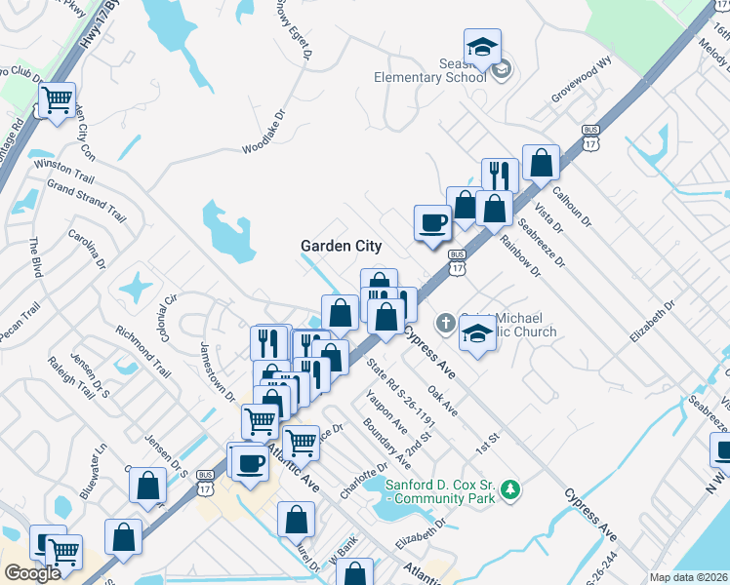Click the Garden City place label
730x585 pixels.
point(341,247)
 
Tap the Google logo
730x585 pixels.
point(32,573)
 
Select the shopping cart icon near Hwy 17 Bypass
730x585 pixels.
point(58,99)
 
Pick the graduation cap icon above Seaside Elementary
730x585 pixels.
point(481,46)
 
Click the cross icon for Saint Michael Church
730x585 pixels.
point(444,322)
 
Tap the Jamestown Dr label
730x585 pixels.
point(218,370)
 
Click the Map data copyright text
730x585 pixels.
point(689,577)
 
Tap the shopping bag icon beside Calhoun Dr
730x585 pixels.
point(540,164)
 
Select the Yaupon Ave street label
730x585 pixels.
point(387,411)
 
